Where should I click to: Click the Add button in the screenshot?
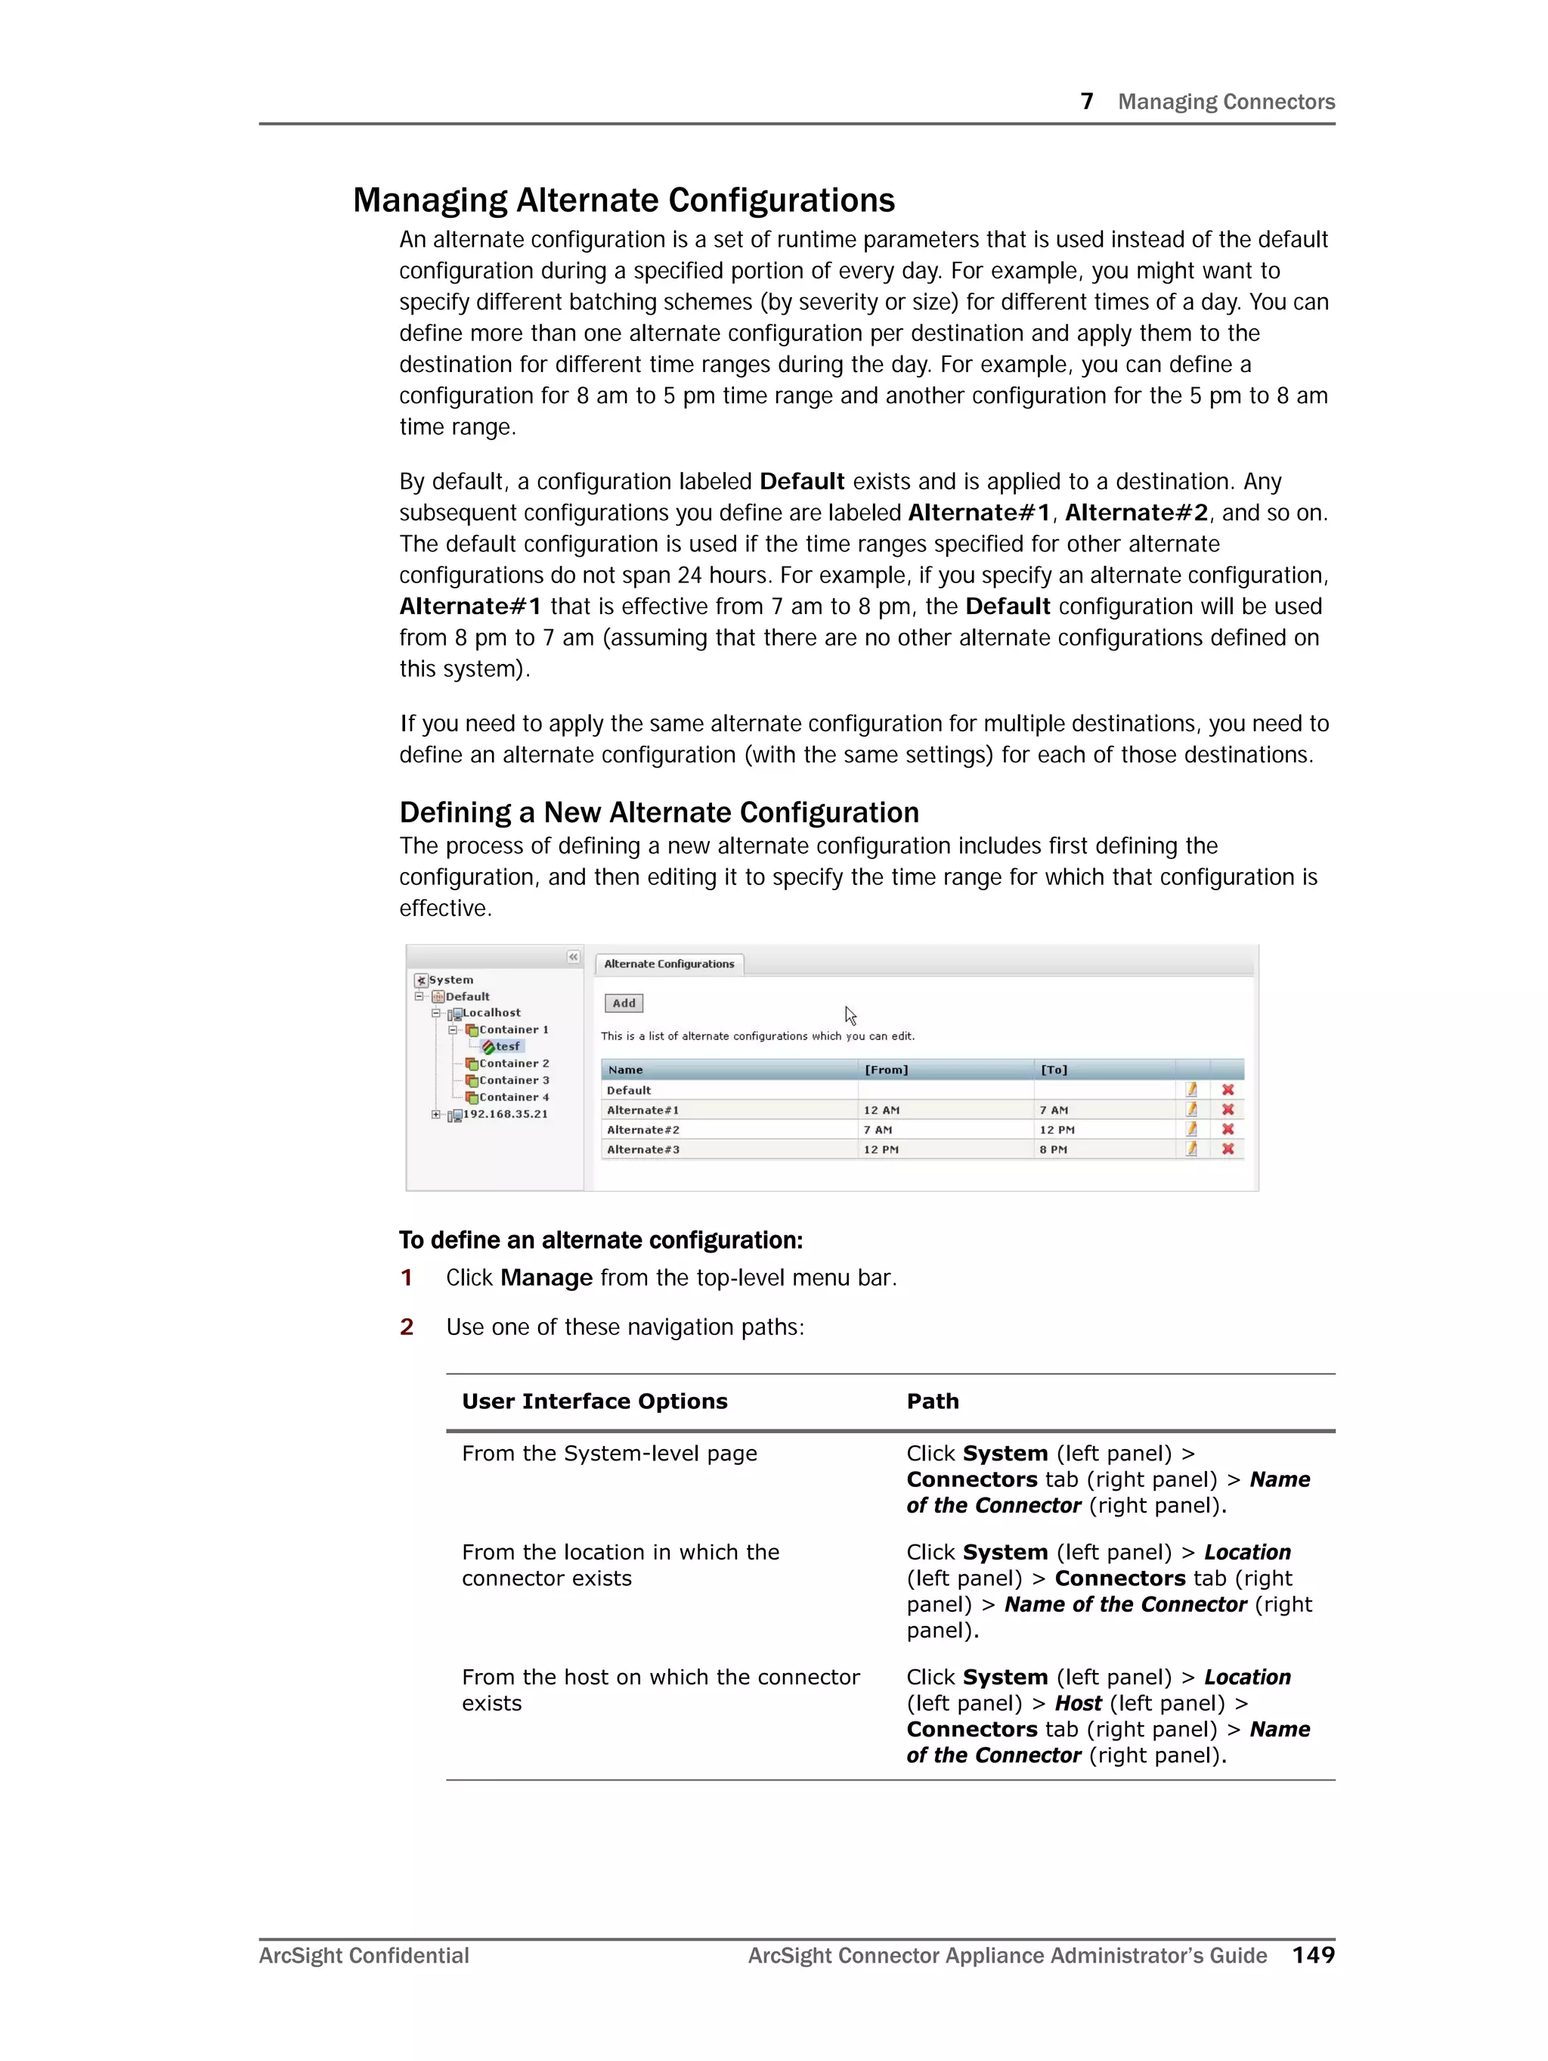coord(623,1003)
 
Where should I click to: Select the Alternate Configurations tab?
coord(669,964)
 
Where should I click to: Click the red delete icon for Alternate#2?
coord(1228,1129)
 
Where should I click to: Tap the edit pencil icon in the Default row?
coord(1191,1089)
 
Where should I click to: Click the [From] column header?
coord(886,1069)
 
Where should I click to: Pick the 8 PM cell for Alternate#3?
coord(1054,1150)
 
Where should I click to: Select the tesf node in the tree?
coord(506,1046)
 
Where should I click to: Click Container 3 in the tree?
coord(513,1080)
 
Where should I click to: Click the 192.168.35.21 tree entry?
coord(505,1113)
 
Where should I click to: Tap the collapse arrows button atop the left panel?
coord(573,957)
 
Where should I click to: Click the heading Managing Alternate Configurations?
coord(623,200)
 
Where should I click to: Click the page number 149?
coord(1312,1955)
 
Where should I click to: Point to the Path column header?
coord(932,1401)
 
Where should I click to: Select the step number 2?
coord(406,1327)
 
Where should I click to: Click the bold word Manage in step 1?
coord(546,1277)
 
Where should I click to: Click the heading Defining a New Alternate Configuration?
coord(658,812)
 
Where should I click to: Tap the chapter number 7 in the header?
coord(1086,101)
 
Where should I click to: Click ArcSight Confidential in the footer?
coord(364,1956)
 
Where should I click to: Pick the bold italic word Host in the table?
coord(1078,1703)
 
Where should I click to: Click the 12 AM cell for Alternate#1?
coord(881,1110)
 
